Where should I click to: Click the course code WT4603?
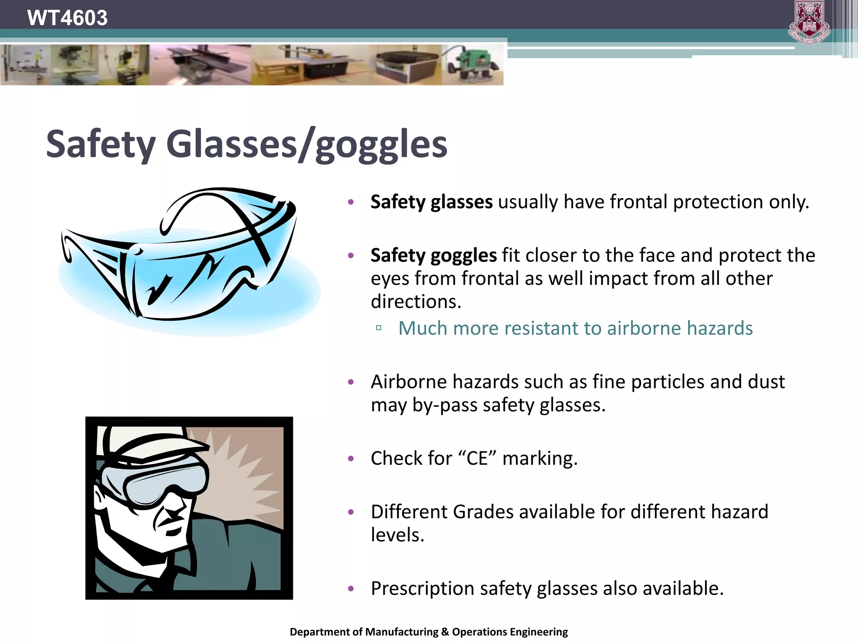tap(67, 18)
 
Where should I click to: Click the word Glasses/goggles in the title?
tap(307, 144)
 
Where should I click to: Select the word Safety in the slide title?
tap(101, 144)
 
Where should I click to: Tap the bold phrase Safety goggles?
tap(434, 255)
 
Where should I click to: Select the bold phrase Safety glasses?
tap(432, 202)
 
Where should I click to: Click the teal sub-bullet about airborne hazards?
tap(575, 328)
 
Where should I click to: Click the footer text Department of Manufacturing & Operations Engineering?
tap(429, 632)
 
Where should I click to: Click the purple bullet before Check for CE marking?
tap(351, 459)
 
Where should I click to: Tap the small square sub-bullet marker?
tap(379, 328)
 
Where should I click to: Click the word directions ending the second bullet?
tap(416, 302)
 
